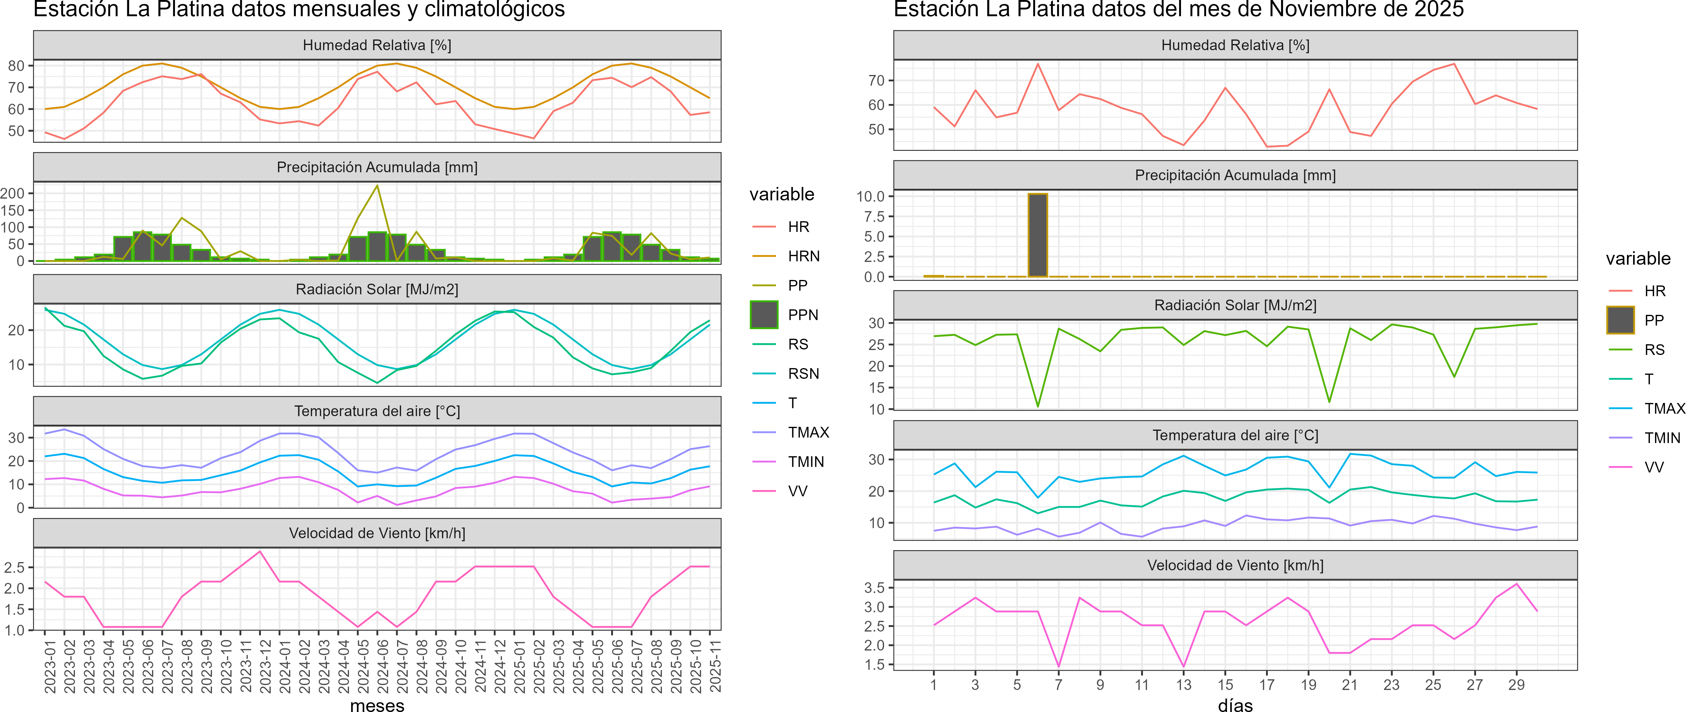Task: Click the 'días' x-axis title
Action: [x=1235, y=705]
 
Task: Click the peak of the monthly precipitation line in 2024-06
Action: [x=377, y=186]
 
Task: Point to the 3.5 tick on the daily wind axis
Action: [x=875, y=588]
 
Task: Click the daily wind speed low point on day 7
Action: [x=1058, y=666]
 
